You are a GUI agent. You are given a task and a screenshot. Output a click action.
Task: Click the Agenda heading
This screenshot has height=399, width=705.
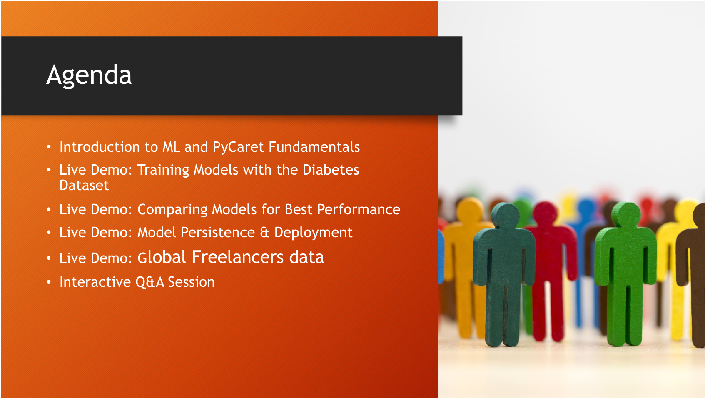(89, 75)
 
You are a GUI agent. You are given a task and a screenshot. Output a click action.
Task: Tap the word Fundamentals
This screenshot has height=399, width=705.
(314, 147)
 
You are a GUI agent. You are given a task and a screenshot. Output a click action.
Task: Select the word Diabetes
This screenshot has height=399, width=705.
(331, 170)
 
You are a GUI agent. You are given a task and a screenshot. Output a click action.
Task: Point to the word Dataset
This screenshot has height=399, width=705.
(84, 185)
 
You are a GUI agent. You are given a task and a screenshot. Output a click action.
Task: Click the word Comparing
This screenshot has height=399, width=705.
(174, 210)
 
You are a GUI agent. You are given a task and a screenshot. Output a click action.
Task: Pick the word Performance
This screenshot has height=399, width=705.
(359, 210)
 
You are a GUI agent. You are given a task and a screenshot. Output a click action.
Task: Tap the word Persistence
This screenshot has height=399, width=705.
(218, 233)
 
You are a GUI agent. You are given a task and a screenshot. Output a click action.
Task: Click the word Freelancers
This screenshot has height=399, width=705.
(238, 257)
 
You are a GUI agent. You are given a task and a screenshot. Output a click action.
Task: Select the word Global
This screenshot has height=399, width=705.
(162, 257)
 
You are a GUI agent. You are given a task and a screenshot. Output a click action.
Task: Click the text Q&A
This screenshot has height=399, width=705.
(150, 282)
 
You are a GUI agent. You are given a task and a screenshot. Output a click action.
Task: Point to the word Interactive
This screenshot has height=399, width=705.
(95, 282)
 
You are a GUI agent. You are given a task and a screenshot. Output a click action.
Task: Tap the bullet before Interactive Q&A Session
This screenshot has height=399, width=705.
(48, 282)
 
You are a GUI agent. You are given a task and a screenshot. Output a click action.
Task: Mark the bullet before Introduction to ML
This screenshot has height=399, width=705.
(48, 147)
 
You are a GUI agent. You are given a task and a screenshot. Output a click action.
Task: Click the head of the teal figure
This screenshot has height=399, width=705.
(506, 215)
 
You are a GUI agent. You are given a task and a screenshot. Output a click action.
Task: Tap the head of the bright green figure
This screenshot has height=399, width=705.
(626, 215)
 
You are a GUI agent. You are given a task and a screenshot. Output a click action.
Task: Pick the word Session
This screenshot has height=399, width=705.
(192, 282)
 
